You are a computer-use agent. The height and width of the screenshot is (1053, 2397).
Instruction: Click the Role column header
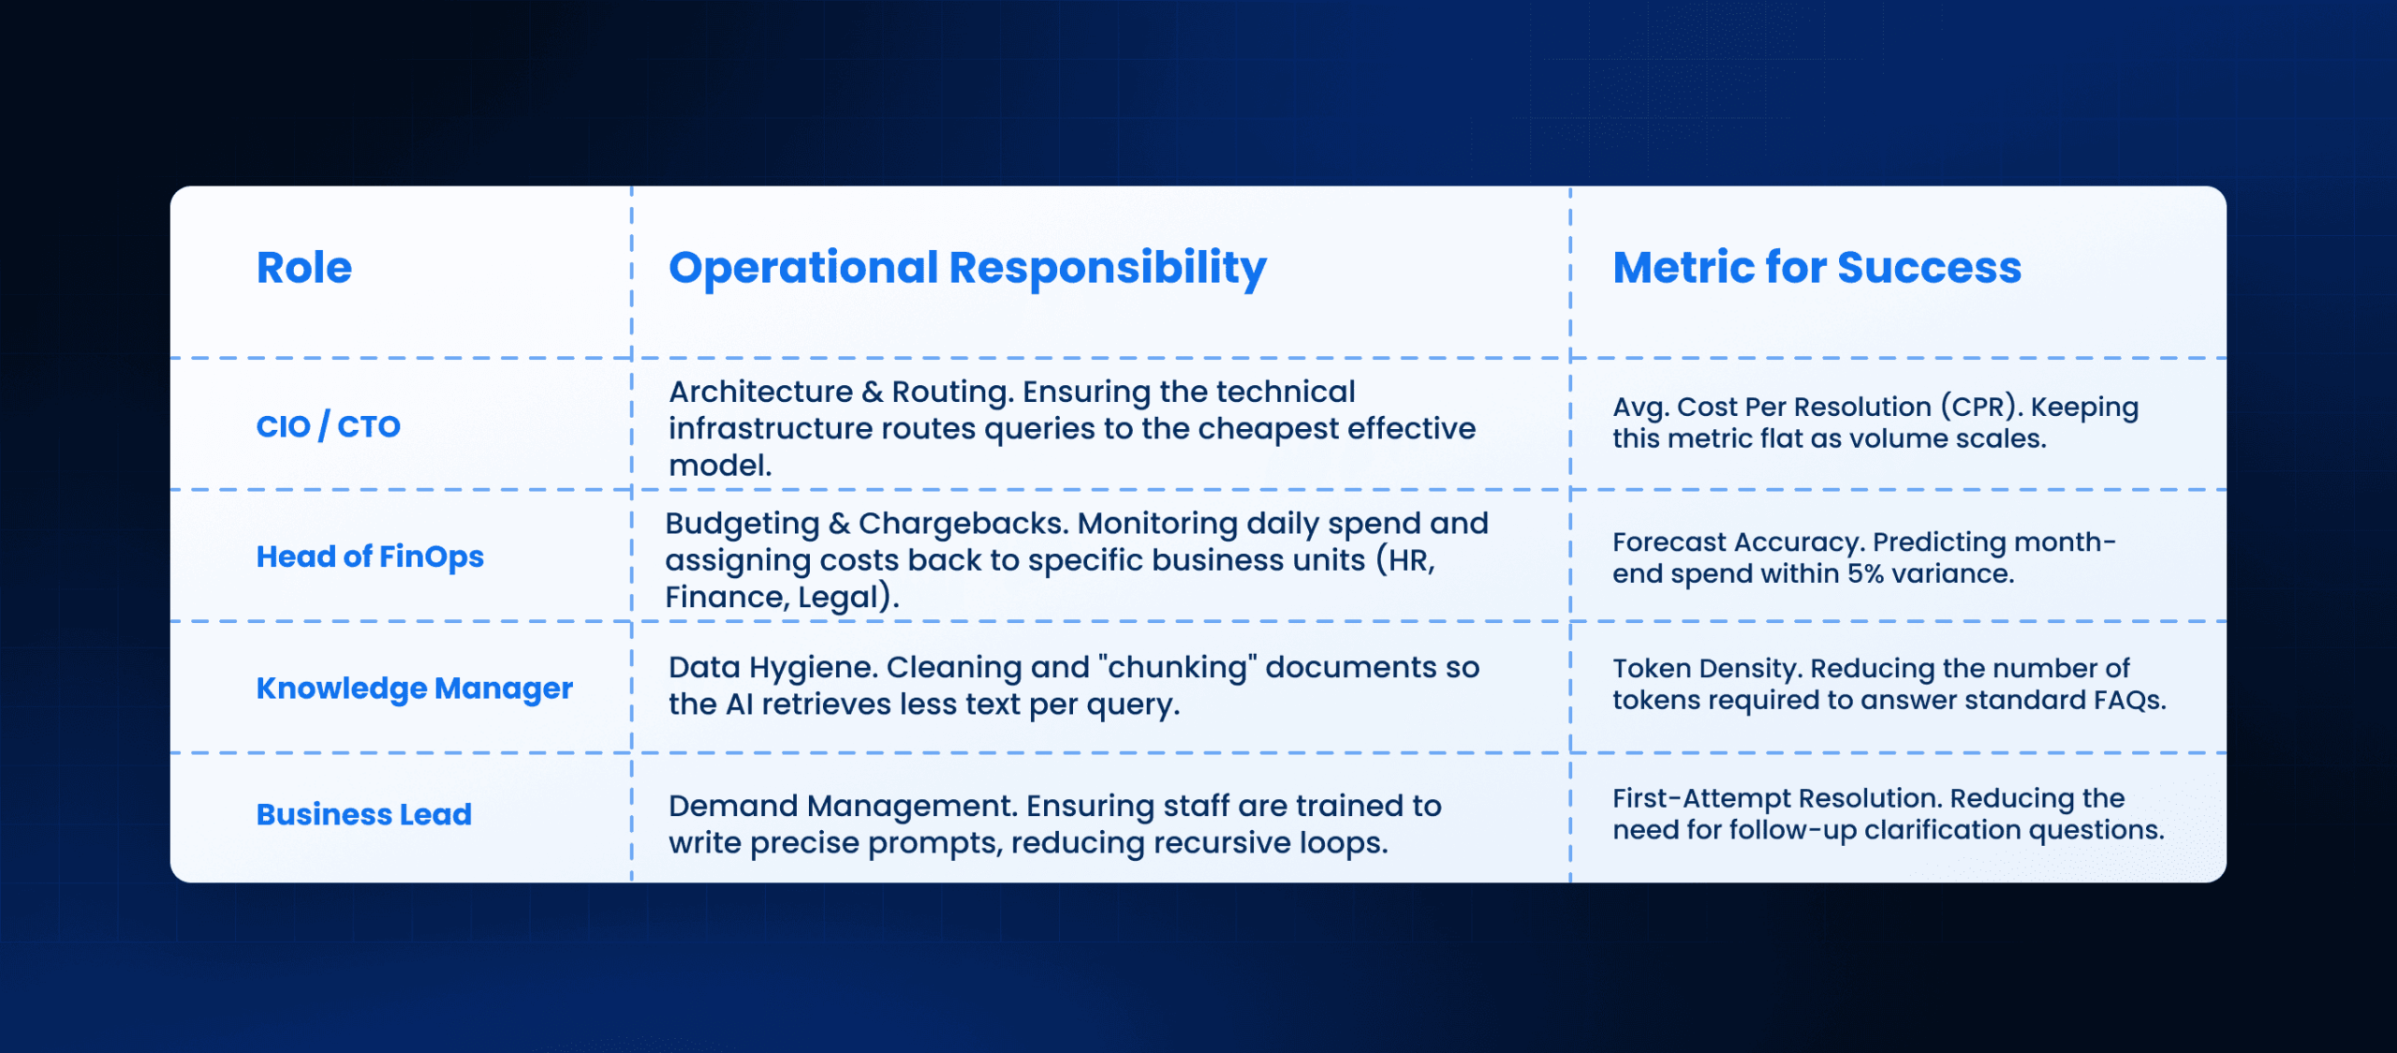(x=304, y=268)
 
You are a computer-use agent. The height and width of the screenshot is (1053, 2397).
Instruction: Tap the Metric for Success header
(x=1816, y=268)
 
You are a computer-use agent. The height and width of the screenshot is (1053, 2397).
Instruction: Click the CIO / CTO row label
(x=329, y=426)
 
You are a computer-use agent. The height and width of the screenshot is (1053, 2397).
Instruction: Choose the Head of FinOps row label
(x=370, y=556)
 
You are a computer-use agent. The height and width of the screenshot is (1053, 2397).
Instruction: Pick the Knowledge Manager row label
(x=415, y=689)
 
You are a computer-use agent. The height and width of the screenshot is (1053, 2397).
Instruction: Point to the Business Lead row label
(x=364, y=814)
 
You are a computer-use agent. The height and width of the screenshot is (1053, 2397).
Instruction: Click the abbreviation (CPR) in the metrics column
(x=1978, y=408)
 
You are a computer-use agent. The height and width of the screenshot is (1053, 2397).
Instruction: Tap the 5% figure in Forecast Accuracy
(x=1865, y=573)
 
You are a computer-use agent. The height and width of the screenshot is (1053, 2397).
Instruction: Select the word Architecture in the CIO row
(x=760, y=392)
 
